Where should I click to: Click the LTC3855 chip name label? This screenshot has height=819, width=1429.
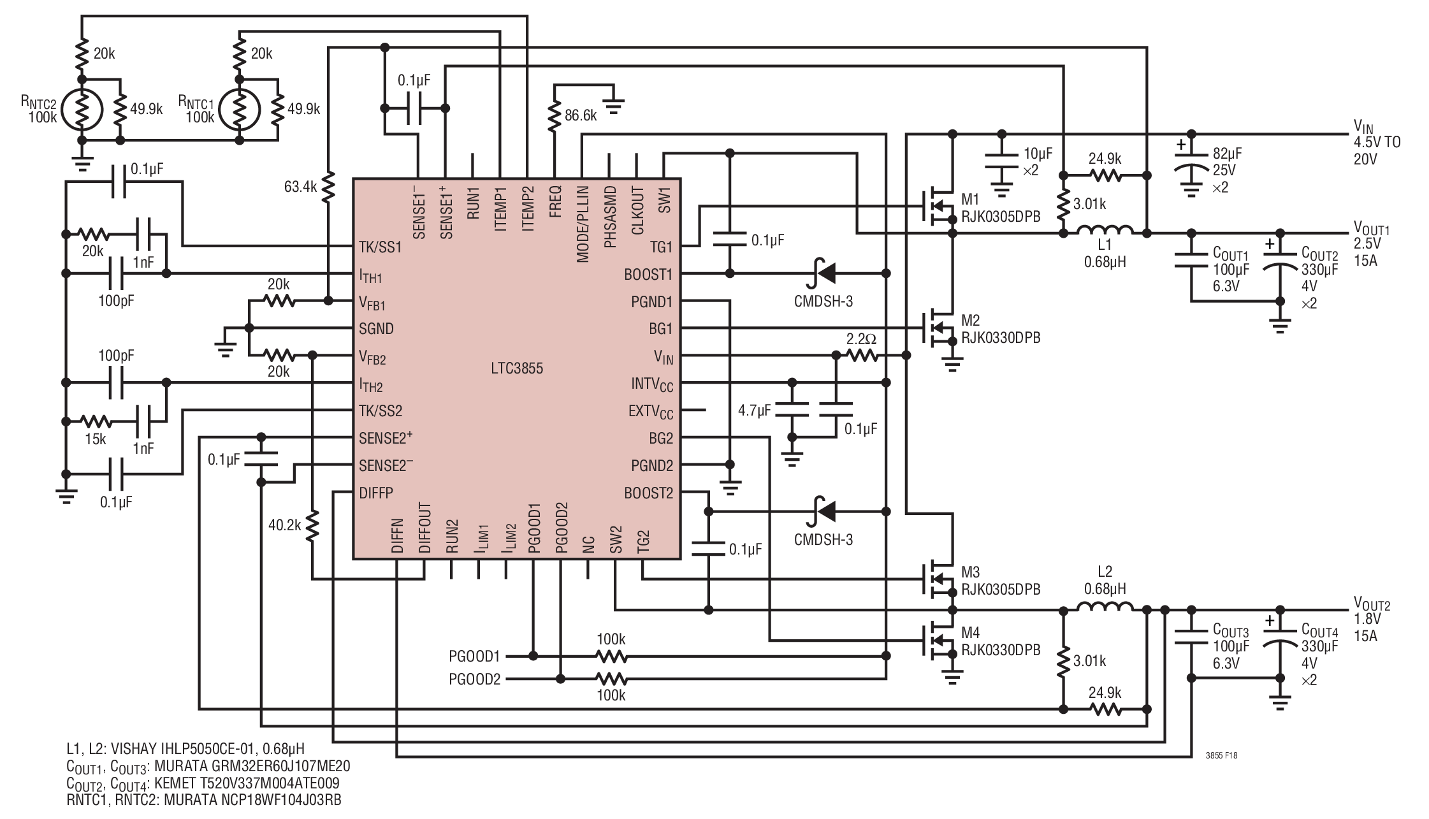tap(517, 368)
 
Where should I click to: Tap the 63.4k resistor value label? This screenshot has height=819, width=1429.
tap(301, 187)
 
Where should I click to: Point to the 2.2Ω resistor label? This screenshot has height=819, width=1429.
tap(861, 340)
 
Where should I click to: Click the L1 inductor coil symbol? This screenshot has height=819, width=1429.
tap(1105, 229)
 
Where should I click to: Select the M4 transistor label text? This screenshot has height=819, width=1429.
tap(971, 633)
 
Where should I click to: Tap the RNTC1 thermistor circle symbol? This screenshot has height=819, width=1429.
tap(239, 110)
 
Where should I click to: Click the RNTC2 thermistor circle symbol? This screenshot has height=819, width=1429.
tap(81, 110)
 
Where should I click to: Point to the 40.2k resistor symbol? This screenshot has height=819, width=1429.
tap(312, 527)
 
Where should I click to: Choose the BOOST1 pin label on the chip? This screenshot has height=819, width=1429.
tap(648, 275)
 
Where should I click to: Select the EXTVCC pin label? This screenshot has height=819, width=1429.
tap(651, 412)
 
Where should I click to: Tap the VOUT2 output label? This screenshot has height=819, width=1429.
tap(1372, 604)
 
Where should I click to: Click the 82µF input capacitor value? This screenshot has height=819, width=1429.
tap(1227, 154)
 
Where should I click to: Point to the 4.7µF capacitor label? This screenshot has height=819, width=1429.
tap(754, 410)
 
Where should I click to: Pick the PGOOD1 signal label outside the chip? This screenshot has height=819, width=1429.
tap(475, 656)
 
